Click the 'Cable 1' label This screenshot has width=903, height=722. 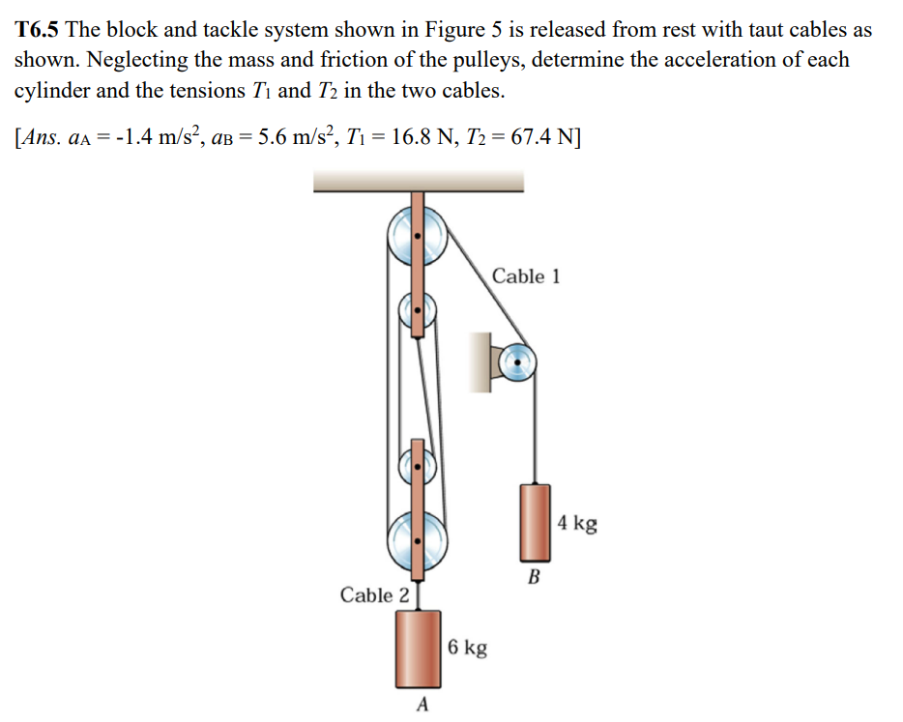[525, 276]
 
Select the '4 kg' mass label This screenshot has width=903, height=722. [578, 524]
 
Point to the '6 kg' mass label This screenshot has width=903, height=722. [468, 647]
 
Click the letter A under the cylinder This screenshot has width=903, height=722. [421, 704]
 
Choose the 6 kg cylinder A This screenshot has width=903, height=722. [420, 648]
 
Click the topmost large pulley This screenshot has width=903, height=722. [417, 236]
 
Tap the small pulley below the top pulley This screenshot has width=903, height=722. [417, 312]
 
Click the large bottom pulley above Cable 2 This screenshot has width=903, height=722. [417, 542]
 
